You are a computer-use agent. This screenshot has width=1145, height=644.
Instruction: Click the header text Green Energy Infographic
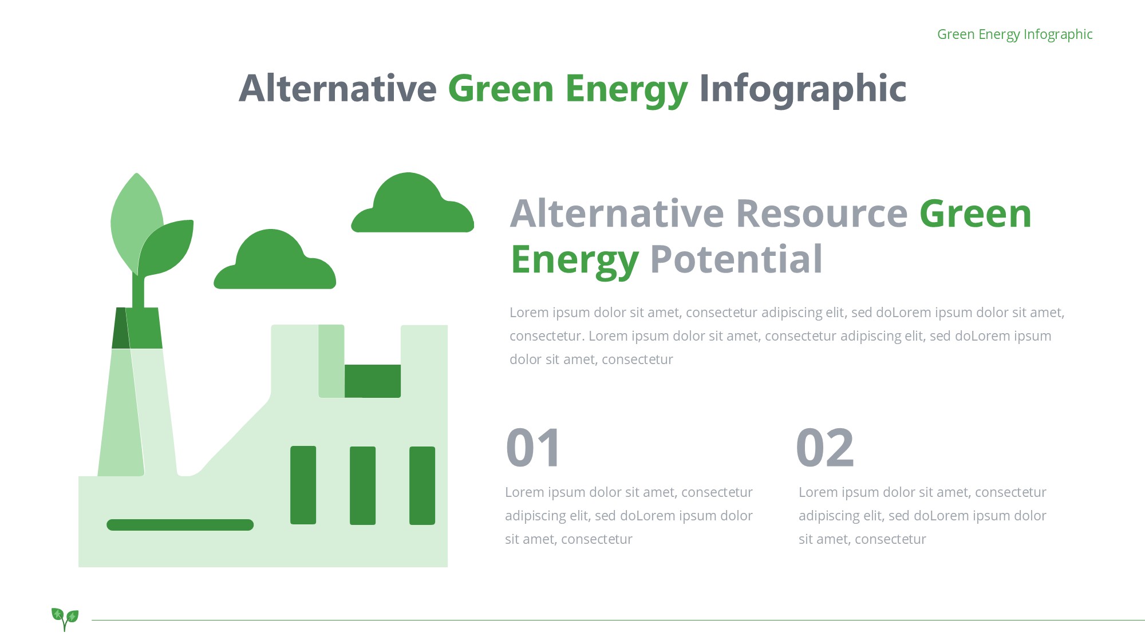(x=1014, y=34)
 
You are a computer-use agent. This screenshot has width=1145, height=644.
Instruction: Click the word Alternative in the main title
(x=338, y=89)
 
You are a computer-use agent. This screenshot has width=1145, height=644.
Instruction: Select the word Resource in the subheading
(x=822, y=214)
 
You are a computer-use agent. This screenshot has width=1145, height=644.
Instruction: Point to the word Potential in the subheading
(x=736, y=259)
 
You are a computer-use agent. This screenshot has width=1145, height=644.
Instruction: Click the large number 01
(x=534, y=448)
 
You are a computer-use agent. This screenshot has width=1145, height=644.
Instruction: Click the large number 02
(x=825, y=448)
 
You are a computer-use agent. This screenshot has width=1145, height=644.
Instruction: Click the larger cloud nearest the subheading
(x=412, y=203)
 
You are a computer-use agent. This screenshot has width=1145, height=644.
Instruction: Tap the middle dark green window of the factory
(x=362, y=485)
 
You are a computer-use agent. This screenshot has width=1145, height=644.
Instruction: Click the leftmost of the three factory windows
(x=303, y=485)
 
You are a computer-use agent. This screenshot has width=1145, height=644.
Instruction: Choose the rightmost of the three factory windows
(x=422, y=485)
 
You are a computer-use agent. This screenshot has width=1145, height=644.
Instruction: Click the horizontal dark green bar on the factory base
(x=180, y=525)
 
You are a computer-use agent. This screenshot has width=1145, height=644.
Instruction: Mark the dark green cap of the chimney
(x=137, y=328)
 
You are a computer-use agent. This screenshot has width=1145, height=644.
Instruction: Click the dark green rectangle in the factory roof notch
(x=373, y=381)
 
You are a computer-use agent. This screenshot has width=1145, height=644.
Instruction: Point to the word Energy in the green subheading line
(x=575, y=261)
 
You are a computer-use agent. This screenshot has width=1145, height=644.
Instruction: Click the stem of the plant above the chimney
(x=138, y=291)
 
